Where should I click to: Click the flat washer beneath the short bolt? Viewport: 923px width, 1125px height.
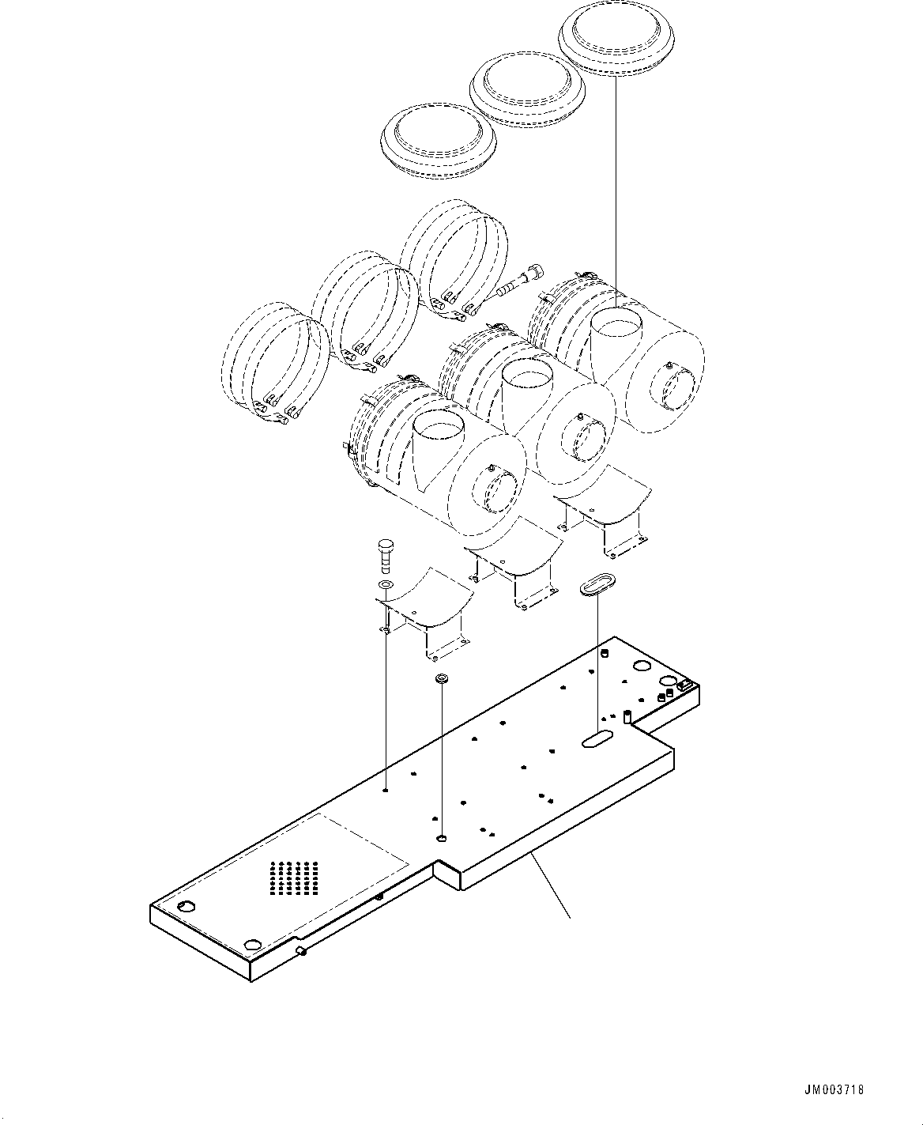pyautogui.click(x=385, y=584)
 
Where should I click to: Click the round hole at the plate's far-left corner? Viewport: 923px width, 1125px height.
pyautogui.click(x=187, y=906)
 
